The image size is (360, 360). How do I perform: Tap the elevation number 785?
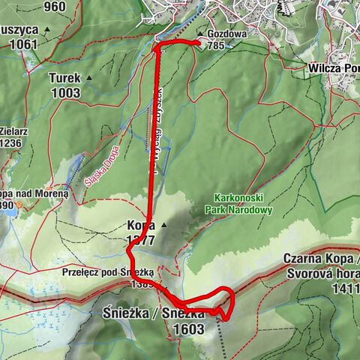pyautogui.click(x=217, y=46)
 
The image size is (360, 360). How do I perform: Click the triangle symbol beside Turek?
pyautogui.click(x=89, y=77)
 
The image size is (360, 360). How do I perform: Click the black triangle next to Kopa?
pyautogui.click(x=163, y=223)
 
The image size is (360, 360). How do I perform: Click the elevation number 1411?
pyautogui.click(x=343, y=287)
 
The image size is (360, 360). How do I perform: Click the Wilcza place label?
pyautogui.click(x=329, y=66)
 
